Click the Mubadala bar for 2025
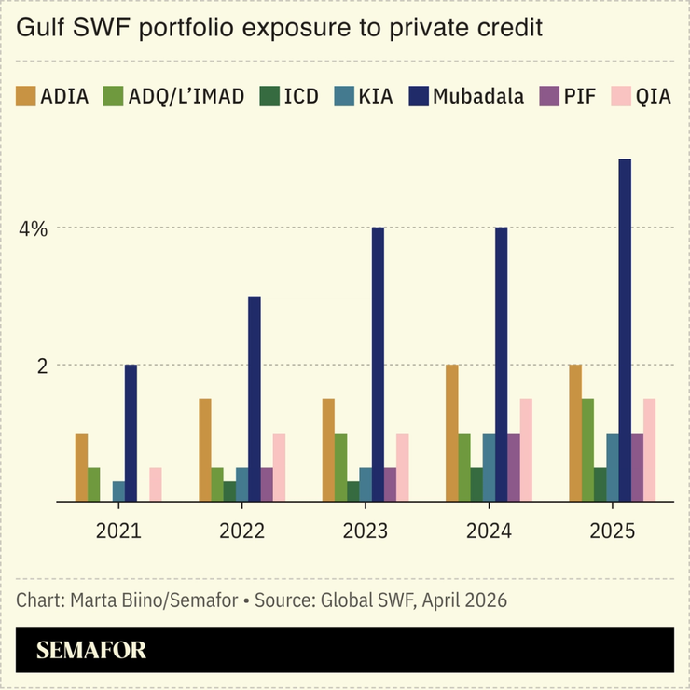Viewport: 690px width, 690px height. [625, 330]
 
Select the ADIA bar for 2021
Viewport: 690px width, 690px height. [81, 467]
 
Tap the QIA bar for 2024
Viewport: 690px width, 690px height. [526, 450]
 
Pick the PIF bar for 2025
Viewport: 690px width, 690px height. [637, 467]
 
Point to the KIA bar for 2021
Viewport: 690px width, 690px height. [118, 491]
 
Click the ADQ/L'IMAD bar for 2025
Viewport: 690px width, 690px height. [587, 450]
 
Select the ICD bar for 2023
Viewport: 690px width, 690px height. [352, 491]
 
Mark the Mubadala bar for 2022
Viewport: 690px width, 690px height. [254, 399]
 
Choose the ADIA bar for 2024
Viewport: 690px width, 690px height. [452, 433]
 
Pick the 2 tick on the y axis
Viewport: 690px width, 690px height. [42, 366]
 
